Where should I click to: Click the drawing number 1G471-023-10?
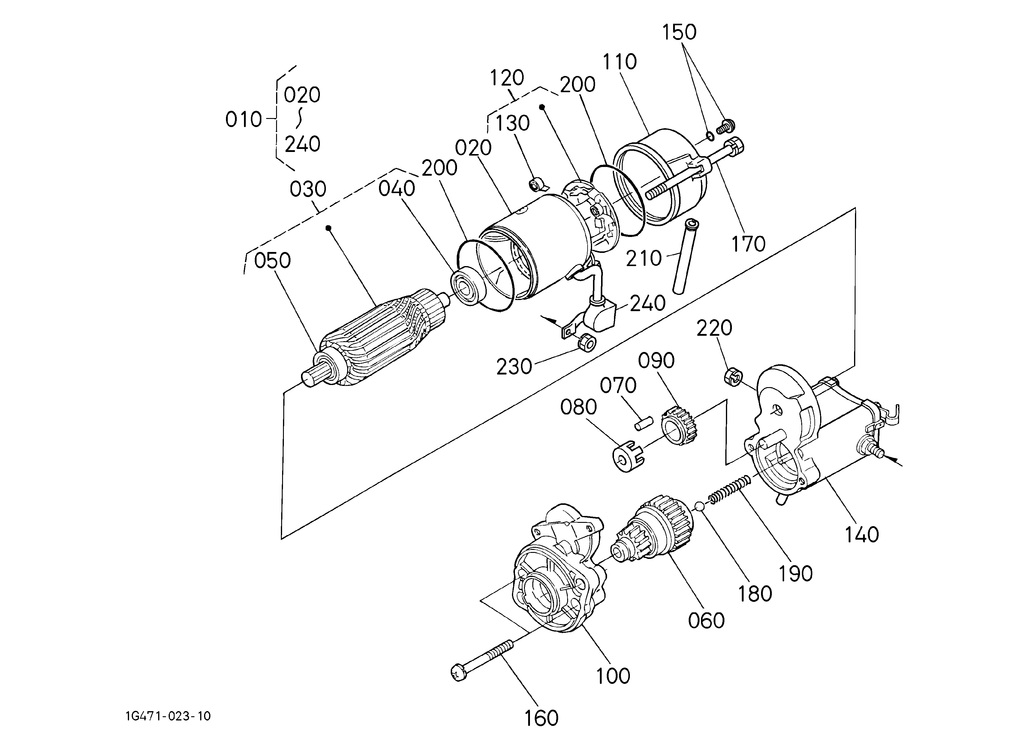(x=168, y=716)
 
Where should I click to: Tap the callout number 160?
(x=541, y=718)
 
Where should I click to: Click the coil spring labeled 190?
(x=729, y=488)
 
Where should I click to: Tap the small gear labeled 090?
(x=679, y=426)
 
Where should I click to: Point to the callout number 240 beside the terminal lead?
(x=648, y=303)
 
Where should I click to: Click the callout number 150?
(x=679, y=32)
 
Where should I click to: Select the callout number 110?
(x=620, y=62)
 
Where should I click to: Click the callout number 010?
(x=244, y=120)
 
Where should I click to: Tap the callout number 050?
(x=272, y=261)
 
